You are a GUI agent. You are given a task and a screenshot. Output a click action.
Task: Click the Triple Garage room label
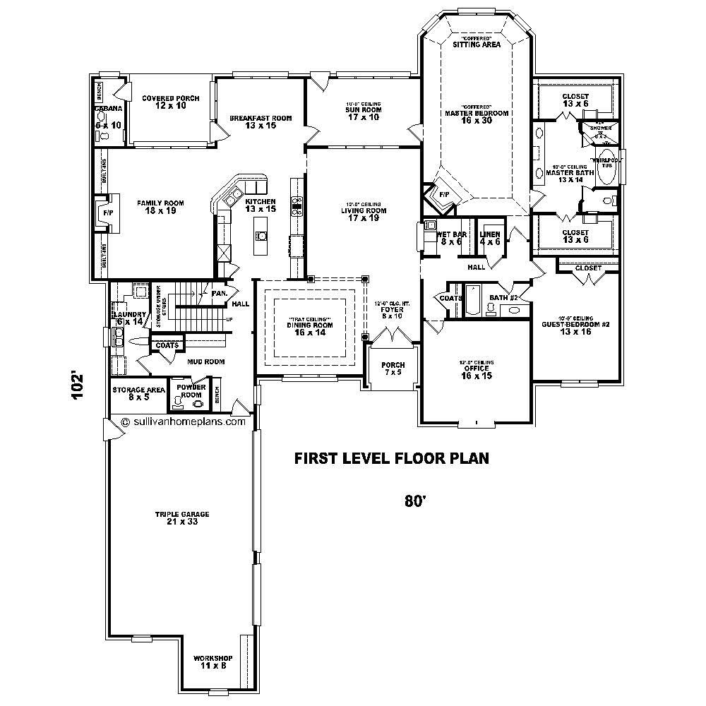tap(182, 518)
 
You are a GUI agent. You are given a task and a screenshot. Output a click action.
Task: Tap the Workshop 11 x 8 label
tap(213, 662)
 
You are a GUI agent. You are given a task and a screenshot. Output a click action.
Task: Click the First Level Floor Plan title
tap(392, 459)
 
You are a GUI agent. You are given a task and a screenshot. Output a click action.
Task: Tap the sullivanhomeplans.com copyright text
tap(184, 421)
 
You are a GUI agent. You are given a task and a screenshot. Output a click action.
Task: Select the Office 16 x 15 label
tap(476, 371)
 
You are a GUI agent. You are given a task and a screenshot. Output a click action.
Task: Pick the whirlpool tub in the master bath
tap(606, 167)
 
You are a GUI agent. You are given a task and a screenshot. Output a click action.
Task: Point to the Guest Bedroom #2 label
tap(576, 327)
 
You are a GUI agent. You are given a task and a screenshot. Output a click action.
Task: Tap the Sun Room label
tap(363, 113)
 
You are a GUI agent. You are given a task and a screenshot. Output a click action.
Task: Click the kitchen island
tap(261, 236)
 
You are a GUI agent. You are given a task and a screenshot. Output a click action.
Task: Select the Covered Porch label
tap(170, 102)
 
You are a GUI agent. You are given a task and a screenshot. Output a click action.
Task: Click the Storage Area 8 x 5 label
tap(139, 393)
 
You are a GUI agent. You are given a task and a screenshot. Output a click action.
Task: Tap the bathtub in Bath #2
tap(472, 301)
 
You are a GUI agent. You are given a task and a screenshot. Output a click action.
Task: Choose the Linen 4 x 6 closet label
tap(490, 238)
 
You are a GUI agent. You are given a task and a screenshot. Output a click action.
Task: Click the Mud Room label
tap(205, 361)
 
